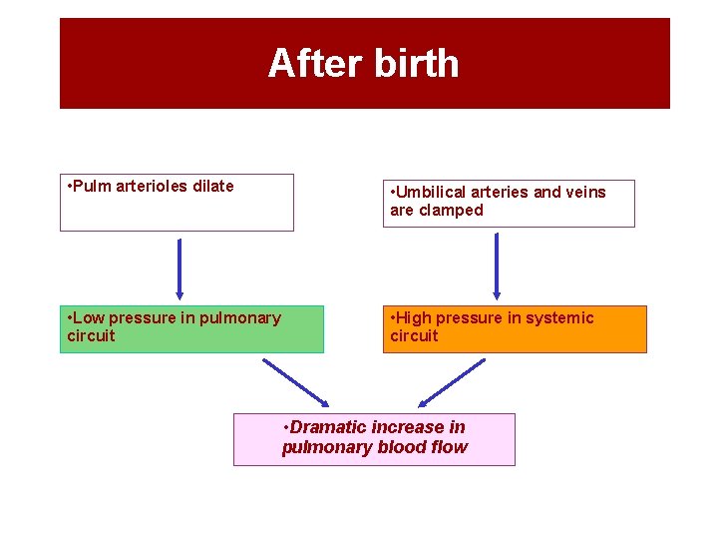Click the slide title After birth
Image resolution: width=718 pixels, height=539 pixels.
pyautogui.click(x=363, y=64)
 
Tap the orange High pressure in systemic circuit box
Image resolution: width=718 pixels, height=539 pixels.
pyautogui.click(x=515, y=329)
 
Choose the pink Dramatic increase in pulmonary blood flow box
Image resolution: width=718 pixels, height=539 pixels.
pyautogui.click(x=374, y=439)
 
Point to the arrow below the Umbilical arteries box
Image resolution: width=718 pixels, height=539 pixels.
pyautogui.click(x=497, y=266)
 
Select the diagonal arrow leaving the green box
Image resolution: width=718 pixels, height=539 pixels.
pyautogui.click(x=295, y=382)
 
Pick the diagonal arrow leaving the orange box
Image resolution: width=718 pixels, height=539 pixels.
pyautogui.click(x=452, y=383)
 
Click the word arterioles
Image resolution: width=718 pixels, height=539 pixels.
pyautogui.click(x=152, y=186)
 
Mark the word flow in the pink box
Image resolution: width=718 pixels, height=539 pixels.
pyautogui.click(x=448, y=447)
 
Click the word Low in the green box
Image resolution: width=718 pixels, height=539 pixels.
pyautogui.click(x=88, y=317)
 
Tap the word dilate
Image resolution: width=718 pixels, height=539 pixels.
pyautogui.click(x=212, y=186)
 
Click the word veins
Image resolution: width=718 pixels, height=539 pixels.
pyautogui.click(x=583, y=192)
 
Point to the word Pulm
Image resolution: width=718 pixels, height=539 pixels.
pyautogui.click(x=91, y=186)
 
